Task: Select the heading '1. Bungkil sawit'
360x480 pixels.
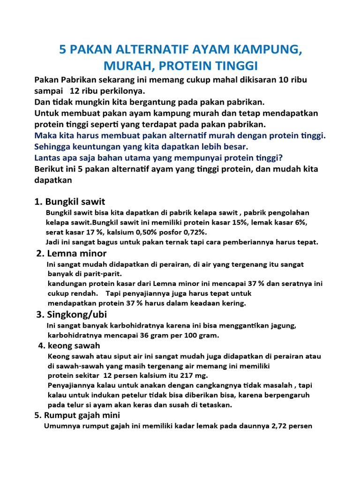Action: point(70,202)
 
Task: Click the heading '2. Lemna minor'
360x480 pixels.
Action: point(72,254)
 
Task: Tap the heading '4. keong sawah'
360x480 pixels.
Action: point(69,346)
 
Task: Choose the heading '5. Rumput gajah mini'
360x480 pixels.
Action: point(77,415)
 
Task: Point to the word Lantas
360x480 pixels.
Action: point(48,158)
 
